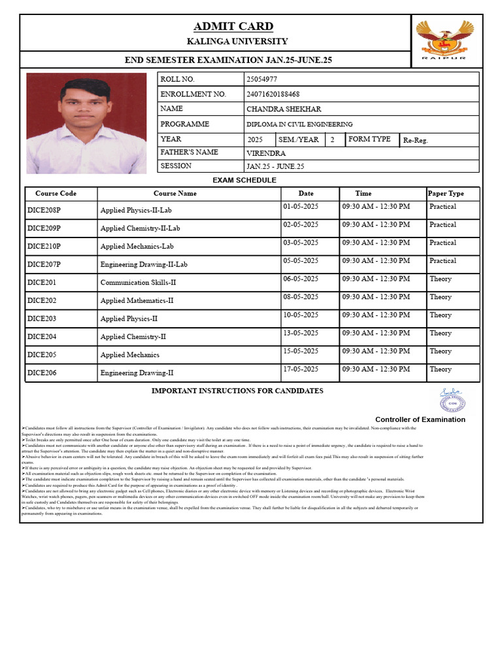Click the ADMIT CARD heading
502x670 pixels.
[233, 27]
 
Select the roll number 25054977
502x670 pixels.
[261, 79]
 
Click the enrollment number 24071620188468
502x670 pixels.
[273, 94]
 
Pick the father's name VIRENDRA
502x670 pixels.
[266, 153]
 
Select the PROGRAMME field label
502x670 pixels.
[185, 124]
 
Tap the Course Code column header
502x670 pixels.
[56, 194]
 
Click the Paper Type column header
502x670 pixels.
[446, 194]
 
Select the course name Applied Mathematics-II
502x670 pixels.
[137, 301]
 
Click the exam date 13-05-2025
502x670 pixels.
[301, 333]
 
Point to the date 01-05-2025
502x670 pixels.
[301, 207]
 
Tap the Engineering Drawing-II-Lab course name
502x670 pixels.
[144, 265]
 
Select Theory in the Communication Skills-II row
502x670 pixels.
[441, 279]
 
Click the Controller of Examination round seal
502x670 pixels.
[450, 399]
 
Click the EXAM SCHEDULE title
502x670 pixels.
[244, 180]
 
